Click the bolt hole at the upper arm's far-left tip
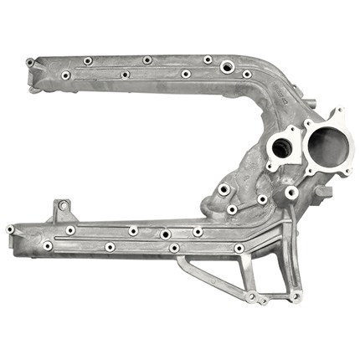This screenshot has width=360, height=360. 30,63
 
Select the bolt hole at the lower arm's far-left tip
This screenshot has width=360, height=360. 10,229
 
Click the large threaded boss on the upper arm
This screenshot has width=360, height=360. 226,65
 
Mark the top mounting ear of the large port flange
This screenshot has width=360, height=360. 337,113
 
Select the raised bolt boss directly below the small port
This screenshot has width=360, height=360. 291,193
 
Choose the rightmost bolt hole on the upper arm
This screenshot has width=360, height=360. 247,75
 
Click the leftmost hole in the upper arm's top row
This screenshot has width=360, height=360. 88,61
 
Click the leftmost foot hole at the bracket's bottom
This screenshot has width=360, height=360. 250,296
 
